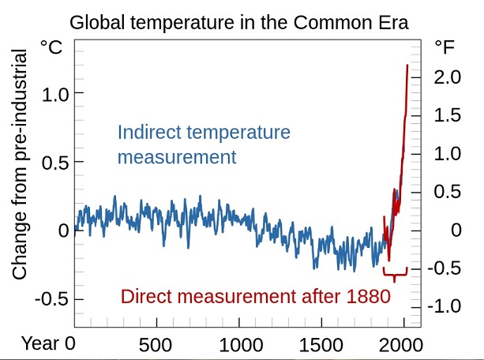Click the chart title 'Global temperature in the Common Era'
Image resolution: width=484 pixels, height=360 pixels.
pos(239,22)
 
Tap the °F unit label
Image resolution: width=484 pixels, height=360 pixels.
pos(444,48)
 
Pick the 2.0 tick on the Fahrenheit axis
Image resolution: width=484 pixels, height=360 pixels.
pos(447,77)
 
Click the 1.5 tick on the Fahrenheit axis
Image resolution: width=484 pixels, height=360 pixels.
pos(447,116)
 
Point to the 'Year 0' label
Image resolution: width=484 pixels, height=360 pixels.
pos(48,344)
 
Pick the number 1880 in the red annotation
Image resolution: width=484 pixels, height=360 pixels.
pos(369,297)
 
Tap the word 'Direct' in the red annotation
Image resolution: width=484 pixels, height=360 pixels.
pos(145,297)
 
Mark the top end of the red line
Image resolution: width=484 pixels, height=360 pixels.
pos(407,66)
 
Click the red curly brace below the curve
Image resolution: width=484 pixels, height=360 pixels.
pos(395,273)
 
